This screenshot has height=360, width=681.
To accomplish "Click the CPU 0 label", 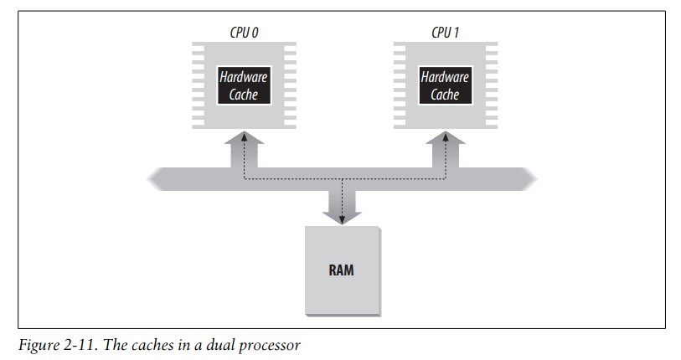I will point(244,34).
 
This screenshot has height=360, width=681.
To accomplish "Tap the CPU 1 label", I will point(445,34).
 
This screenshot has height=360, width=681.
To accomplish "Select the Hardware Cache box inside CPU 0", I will point(244,85).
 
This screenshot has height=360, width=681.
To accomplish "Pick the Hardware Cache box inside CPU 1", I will point(445,85).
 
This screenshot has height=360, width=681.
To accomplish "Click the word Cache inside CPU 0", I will point(244,94).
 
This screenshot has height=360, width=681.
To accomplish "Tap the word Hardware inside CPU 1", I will point(445,76).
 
